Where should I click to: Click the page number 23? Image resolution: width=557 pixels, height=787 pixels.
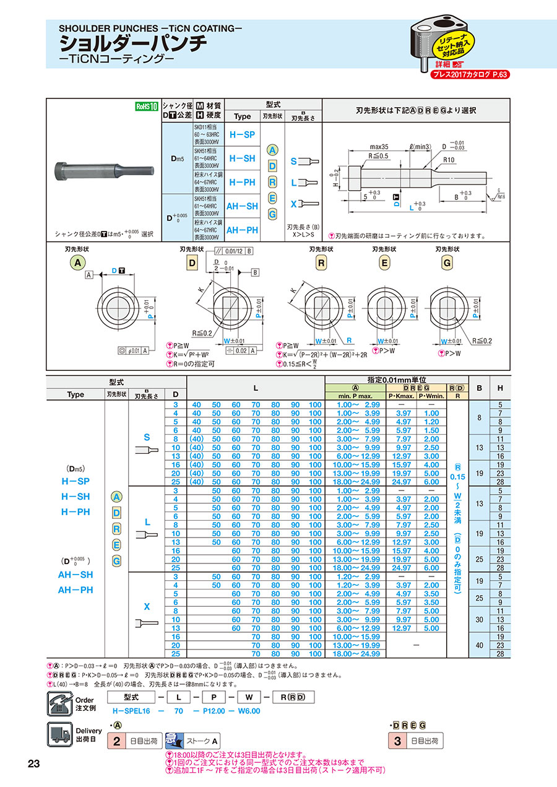34,763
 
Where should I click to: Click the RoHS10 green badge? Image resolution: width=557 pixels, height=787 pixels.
144,106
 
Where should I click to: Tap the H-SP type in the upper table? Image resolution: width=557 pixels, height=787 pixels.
243,134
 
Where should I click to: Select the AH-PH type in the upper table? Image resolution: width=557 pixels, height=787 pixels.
243,230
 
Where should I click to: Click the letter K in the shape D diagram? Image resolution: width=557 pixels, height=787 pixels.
202,289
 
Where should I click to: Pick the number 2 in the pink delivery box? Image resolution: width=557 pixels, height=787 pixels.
117,741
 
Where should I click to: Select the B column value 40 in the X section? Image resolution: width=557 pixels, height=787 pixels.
479,645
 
